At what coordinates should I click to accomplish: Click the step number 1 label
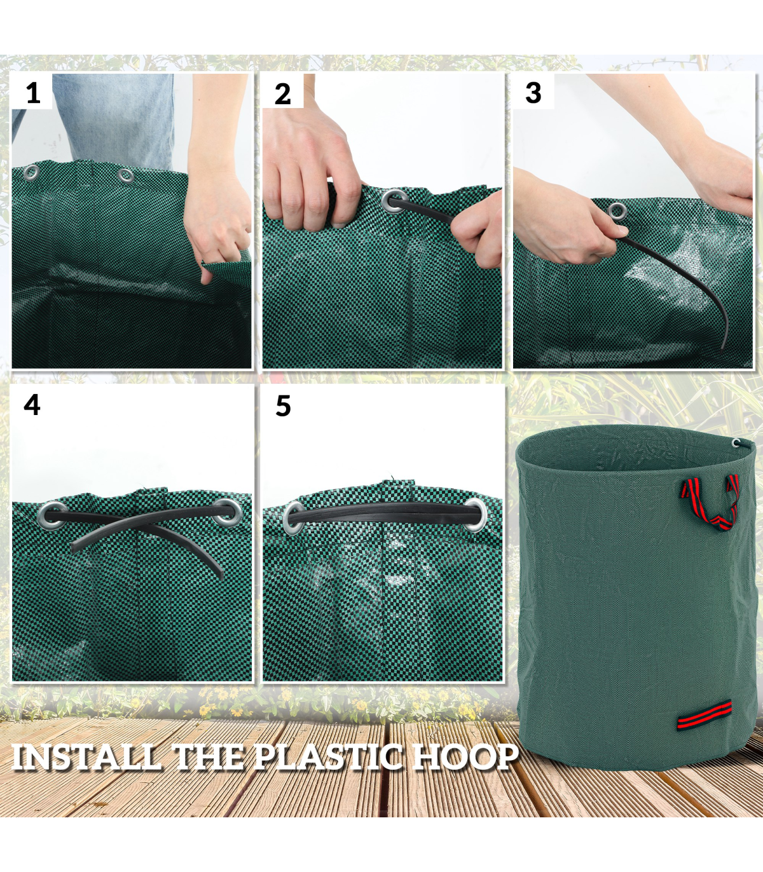pos(33,93)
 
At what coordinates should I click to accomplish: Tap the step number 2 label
pos(282,94)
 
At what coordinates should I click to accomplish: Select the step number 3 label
pos(533,93)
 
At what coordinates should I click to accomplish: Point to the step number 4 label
pos(32,405)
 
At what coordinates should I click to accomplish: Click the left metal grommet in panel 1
pos(31,172)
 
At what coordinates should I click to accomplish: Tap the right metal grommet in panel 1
pos(125,175)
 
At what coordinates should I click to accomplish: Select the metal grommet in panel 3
pos(617,210)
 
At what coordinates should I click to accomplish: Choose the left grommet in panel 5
pos(295,517)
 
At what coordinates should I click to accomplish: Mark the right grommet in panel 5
pos(474,515)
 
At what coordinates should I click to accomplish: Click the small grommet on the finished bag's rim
pos(736,443)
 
